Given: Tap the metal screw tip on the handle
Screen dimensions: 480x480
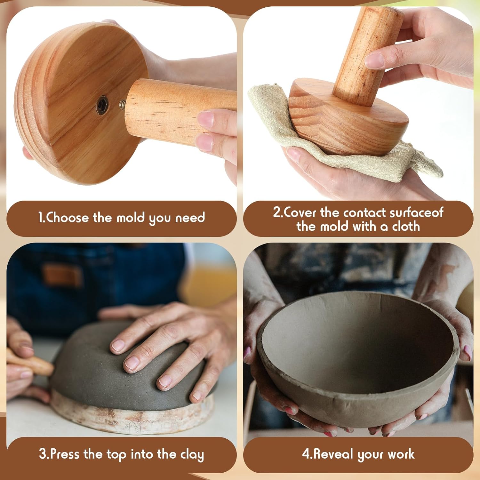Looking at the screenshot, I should click(123, 104).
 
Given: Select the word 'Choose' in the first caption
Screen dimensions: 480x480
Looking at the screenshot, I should click(68, 218).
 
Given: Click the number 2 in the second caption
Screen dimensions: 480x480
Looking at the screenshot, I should click(276, 212).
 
